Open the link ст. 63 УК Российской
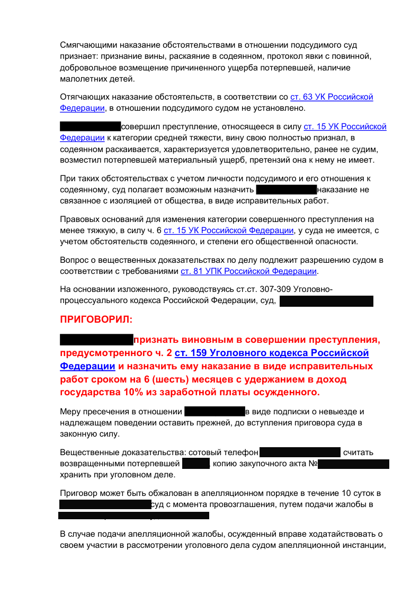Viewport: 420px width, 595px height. click(332, 97)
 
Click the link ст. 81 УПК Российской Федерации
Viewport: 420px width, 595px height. click(249, 271)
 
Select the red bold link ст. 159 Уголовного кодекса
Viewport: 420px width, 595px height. click(271, 353)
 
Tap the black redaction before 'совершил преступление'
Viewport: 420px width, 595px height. click(90, 127)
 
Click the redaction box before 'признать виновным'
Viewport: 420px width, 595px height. click(96, 340)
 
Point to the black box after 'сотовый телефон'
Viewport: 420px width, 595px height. click(300, 452)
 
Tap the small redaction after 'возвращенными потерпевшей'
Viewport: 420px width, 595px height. click(196, 464)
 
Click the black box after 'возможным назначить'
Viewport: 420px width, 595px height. click(285, 190)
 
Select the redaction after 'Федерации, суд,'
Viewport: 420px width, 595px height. click(326, 301)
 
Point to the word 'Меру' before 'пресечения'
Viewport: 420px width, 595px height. click(70, 412)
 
